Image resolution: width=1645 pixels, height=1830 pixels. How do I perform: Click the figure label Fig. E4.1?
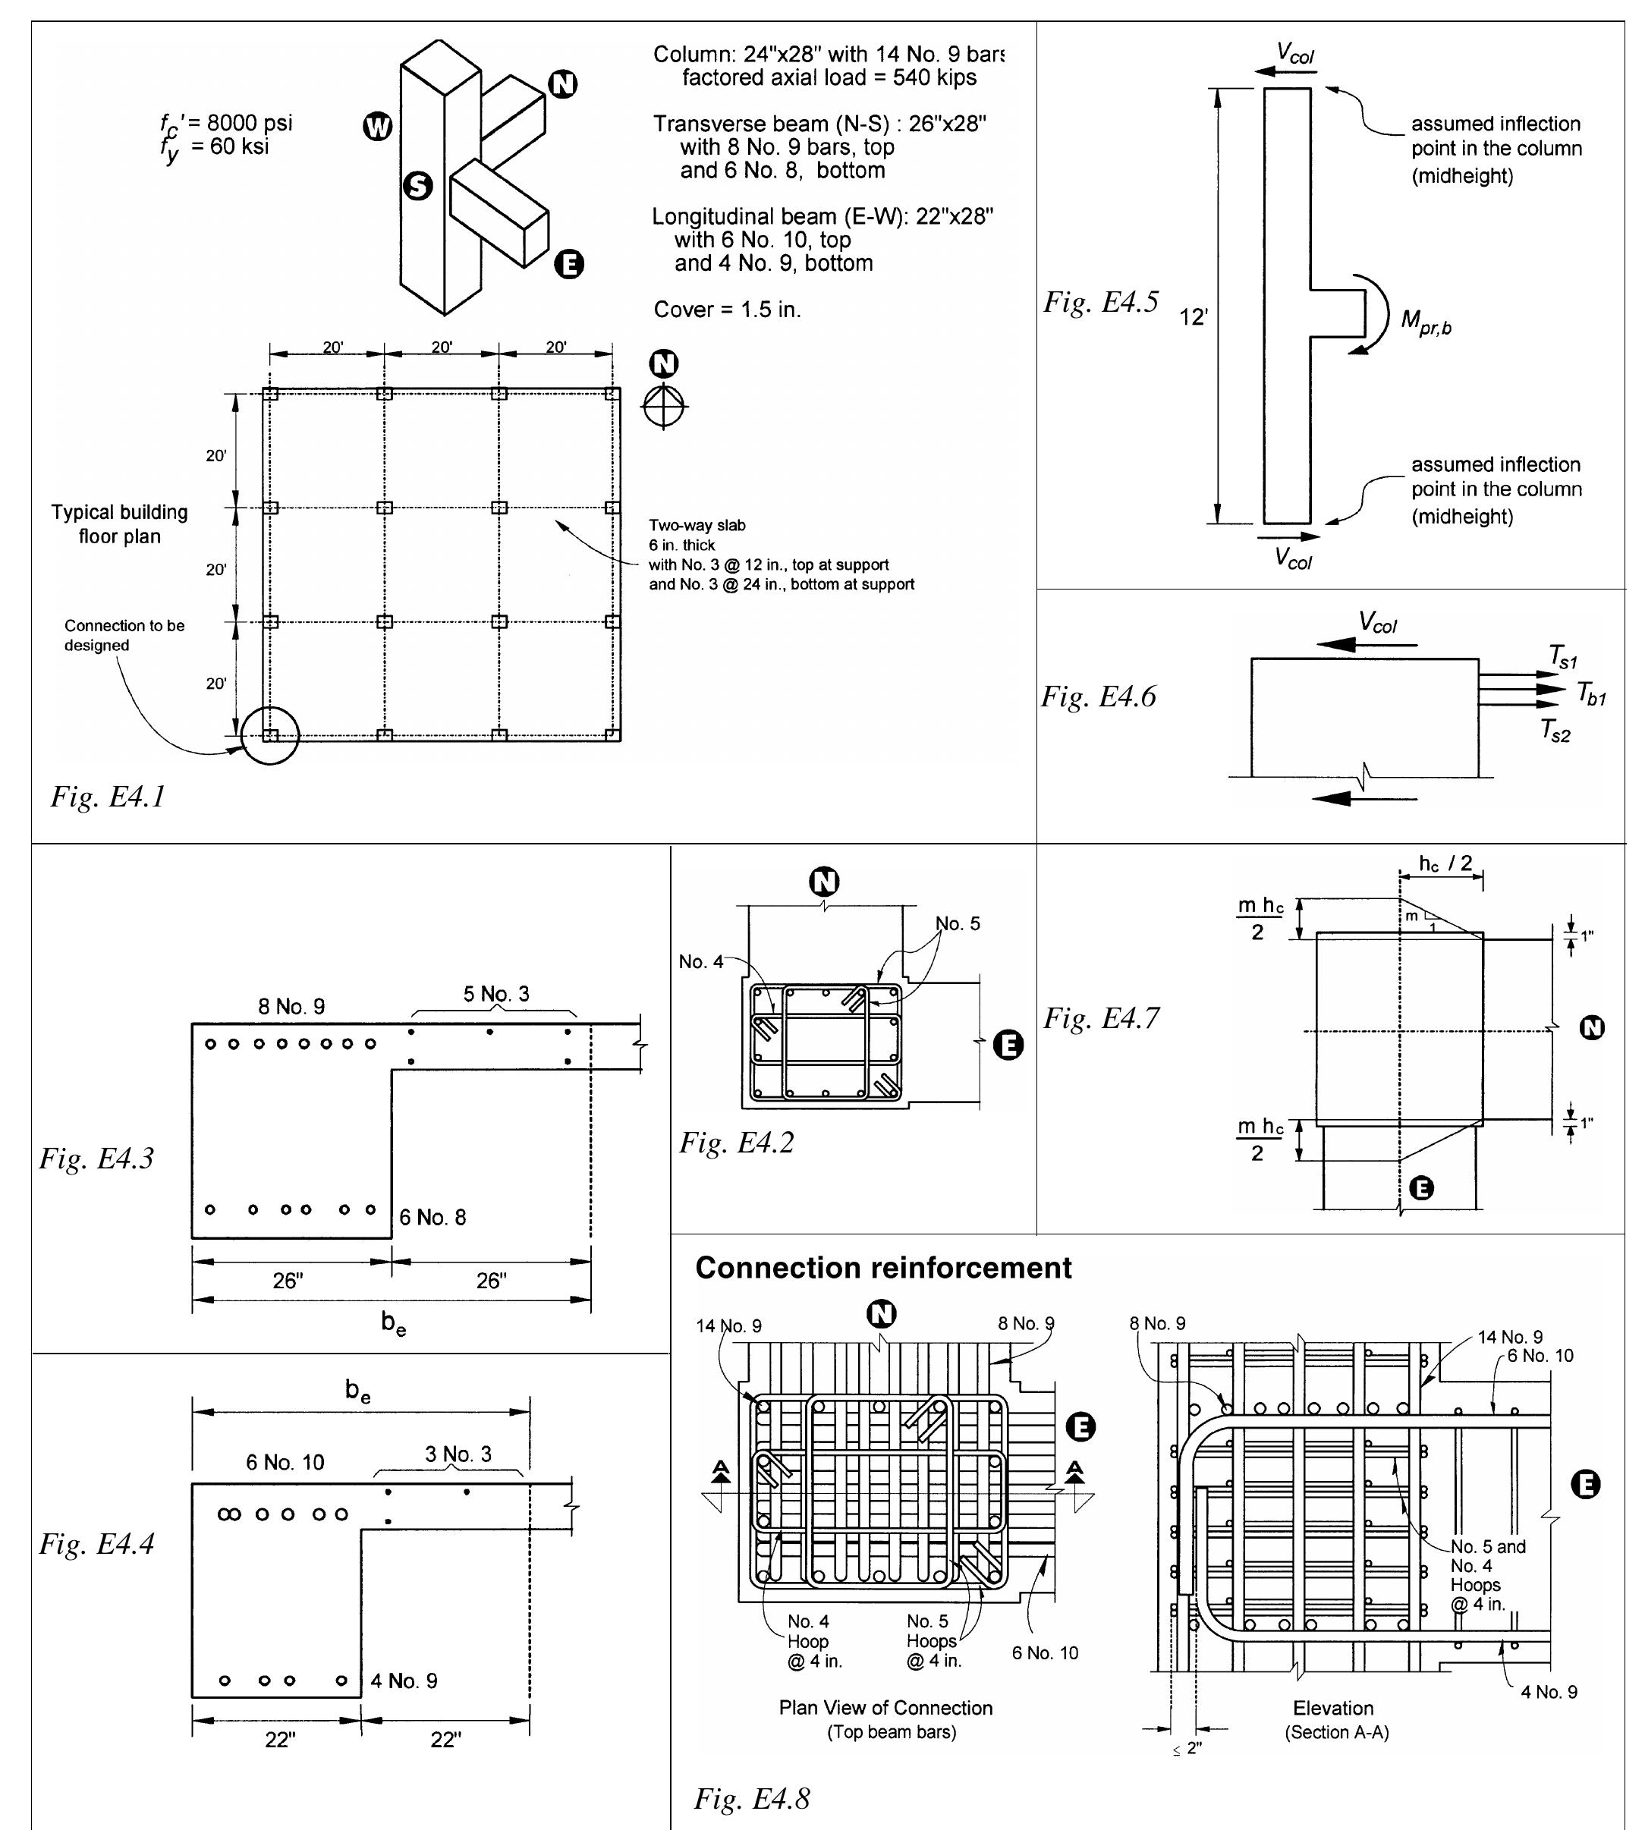108,796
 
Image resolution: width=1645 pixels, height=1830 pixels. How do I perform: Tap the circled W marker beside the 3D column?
378,127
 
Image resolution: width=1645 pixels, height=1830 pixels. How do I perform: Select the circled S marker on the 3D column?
417,186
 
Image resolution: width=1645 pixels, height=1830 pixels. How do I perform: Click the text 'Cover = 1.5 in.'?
727,310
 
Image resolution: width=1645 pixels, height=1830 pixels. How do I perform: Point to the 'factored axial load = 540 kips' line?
829,77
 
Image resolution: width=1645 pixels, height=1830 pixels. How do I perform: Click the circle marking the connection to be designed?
270,736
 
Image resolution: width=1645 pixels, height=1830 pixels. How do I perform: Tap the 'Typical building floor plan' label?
119,524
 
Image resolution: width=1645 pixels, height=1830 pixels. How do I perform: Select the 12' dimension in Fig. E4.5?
1193,317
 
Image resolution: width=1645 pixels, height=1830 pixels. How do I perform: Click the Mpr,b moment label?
1426,322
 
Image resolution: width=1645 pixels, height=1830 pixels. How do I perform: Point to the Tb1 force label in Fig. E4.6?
1591,693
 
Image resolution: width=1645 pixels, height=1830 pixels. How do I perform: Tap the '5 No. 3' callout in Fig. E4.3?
496,994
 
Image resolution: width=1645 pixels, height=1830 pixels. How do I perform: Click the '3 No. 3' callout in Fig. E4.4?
458,1454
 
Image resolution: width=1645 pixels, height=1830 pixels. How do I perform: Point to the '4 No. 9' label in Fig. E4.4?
403,1681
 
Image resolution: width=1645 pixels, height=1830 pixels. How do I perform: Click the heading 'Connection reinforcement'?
882,1268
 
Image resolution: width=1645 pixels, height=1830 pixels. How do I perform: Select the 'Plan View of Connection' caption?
885,1708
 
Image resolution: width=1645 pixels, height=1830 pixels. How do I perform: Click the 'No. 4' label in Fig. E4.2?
700,961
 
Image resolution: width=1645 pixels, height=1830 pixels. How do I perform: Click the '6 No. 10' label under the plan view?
1045,1653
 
